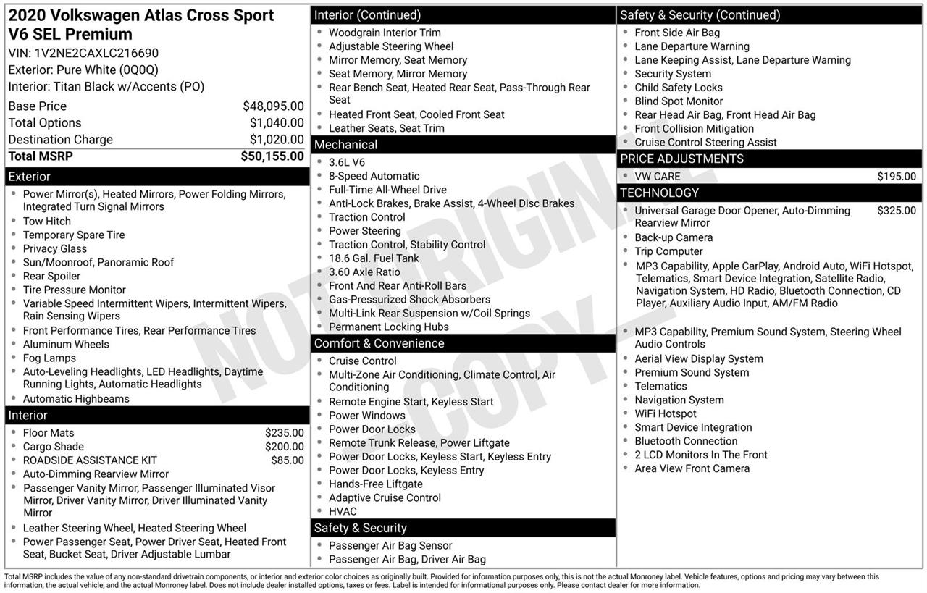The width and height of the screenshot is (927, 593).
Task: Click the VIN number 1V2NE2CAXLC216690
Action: (x=96, y=53)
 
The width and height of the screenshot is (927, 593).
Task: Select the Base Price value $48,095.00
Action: (x=273, y=106)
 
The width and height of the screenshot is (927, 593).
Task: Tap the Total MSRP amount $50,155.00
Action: (x=272, y=156)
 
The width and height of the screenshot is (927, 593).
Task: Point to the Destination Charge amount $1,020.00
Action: (x=277, y=139)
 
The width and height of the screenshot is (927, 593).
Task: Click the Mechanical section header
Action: (x=345, y=145)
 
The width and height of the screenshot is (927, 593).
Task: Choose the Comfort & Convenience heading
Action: (x=379, y=343)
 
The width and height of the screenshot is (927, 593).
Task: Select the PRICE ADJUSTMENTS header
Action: (x=681, y=159)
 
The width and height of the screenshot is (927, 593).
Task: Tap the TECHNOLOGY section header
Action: (x=659, y=193)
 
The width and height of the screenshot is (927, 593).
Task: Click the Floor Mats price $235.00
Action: (x=284, y=433)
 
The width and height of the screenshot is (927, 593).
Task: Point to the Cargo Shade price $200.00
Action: (x=284, y=447)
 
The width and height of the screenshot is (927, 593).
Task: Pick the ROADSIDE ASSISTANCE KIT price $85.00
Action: (x=288, y=460)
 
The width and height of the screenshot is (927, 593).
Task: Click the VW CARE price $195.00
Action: (x=896, y=177)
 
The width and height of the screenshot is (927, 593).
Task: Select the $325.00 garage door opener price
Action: (x=896, y=211)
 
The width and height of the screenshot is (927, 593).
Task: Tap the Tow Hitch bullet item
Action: (x=47, y=221)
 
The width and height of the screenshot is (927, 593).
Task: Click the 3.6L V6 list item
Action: (x=347, y=162)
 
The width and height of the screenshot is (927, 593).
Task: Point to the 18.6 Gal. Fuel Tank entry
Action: (x=374, y=258)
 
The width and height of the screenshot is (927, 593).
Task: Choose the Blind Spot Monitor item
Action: (x=679, y=101)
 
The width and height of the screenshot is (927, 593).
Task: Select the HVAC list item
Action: (x=343, y=511)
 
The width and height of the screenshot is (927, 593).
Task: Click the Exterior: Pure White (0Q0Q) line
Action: (x=83, y=70)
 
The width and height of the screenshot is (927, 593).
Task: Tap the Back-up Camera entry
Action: (x=674, y=237)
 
